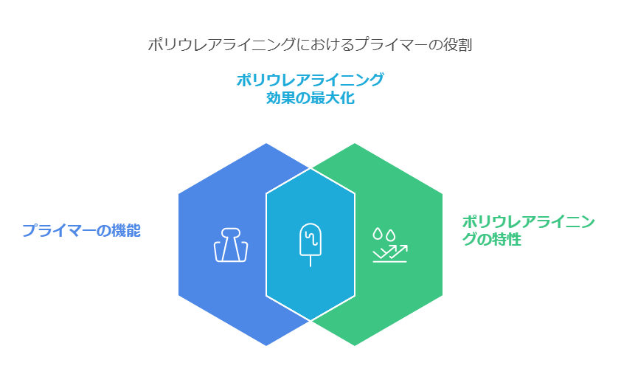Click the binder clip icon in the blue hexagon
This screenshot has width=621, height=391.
(231, 245)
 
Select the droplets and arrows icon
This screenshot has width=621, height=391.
(389, 245)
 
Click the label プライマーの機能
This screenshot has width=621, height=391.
(81, 231)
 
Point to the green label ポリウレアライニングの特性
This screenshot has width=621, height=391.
(528, 231)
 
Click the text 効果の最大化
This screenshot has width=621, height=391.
(310, 98)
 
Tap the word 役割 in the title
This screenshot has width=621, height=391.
(457, 44)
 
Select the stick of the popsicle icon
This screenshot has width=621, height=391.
(310, 261)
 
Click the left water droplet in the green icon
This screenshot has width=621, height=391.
(378, 234)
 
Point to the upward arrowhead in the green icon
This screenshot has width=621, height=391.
(403, 249)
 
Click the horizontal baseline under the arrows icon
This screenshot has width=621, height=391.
(389, 261)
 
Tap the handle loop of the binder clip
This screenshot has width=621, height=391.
(231, 234)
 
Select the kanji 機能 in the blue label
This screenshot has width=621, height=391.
(126, 231)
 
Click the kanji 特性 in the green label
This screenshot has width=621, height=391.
(506, 239)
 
